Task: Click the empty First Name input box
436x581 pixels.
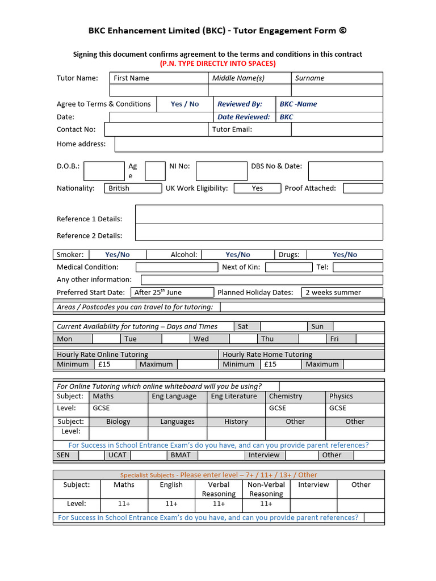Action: coord(158,90)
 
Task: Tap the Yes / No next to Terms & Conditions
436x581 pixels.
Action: coord(185,104)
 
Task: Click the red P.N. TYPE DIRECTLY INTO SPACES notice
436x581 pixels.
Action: coord(217,64)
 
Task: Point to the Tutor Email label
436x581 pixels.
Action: coord(232,129)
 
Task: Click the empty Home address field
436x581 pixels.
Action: coord(249,144)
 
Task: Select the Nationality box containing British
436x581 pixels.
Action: coord(133,188)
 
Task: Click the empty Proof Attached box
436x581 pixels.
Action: coord(363,188)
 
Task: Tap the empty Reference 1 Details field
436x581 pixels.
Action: coord(259,214)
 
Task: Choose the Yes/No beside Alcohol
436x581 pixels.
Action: coord(237,255)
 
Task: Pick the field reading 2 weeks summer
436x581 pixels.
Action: coord(342,292)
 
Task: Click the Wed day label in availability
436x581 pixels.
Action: coord(201,339)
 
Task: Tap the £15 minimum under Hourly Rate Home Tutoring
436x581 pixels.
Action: coord(270,364)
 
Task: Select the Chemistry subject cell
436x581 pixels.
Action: coord(295,397)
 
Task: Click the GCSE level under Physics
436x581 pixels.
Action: coord(355,408)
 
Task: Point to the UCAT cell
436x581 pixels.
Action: coord(118,455)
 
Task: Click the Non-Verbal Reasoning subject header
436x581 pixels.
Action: coord(266,489)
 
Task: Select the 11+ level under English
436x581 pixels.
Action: coord(171,504)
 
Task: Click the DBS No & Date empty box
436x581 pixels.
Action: coord(345,171)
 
